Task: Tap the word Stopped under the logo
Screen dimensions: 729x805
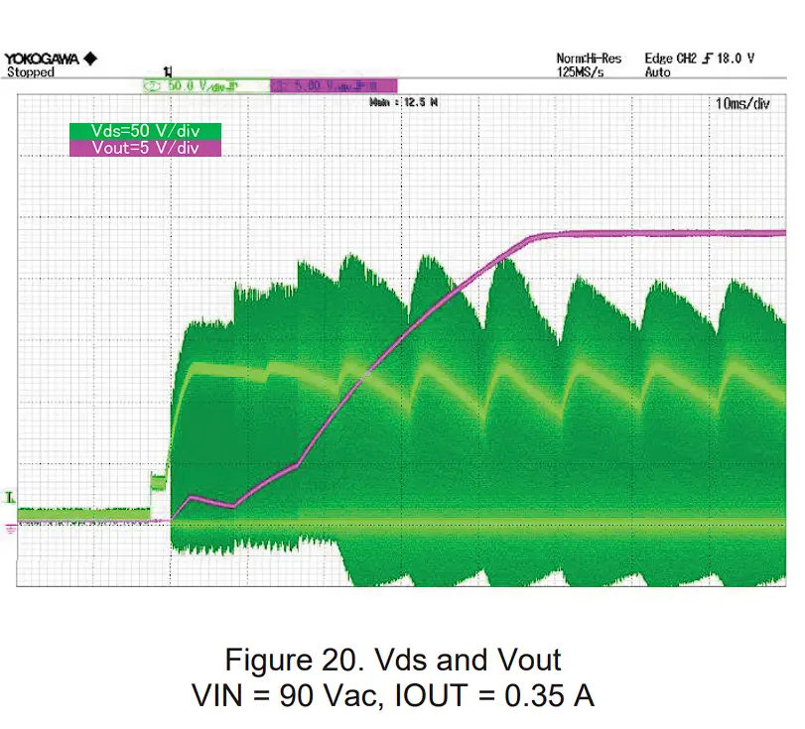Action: [31, 72]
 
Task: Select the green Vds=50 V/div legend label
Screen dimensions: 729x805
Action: [144, 131]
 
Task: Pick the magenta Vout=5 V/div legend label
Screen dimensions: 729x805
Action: [144, 148]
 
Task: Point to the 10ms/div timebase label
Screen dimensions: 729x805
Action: [741, 103]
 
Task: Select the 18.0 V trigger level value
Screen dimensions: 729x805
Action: [735, 59]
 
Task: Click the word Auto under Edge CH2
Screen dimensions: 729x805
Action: [657, 72]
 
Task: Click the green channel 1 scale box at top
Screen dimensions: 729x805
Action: [205, 86]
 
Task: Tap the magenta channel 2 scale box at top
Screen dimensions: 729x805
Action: [334, 86]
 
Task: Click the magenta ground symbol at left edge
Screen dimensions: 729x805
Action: [11, 528]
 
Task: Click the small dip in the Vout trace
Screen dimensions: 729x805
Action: [230, 506]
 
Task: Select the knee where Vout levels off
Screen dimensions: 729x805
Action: [536, 237]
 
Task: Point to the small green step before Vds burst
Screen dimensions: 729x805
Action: [158, 482]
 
